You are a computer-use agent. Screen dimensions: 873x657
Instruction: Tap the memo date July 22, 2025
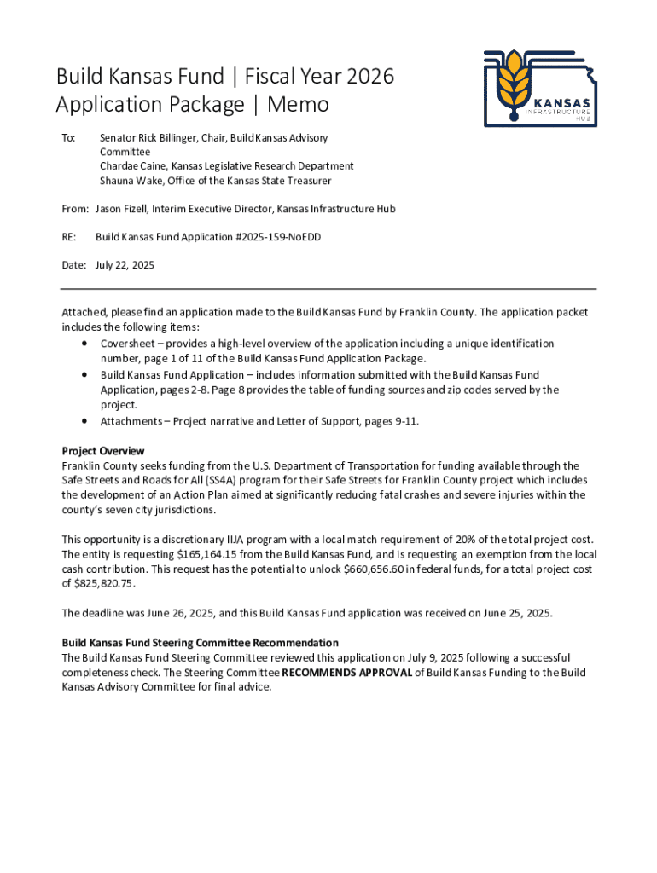[125, 265]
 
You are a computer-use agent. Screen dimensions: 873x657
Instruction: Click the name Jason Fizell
[121, 209]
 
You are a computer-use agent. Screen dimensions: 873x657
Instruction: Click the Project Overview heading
[103, 451]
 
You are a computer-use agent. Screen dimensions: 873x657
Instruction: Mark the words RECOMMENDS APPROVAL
[347, 673]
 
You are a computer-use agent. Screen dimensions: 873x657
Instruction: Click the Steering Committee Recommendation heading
[200, 643]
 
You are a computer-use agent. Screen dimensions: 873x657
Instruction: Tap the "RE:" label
[70, 237]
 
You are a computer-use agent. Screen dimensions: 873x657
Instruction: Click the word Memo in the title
[298, 105]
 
